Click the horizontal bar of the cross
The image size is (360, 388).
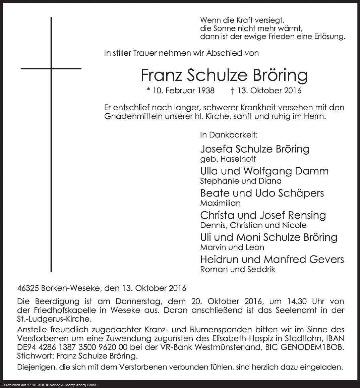tap(51, 68)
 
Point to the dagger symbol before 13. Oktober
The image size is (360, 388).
tap(233, 91)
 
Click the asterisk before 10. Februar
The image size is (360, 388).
tap(148, 90)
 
